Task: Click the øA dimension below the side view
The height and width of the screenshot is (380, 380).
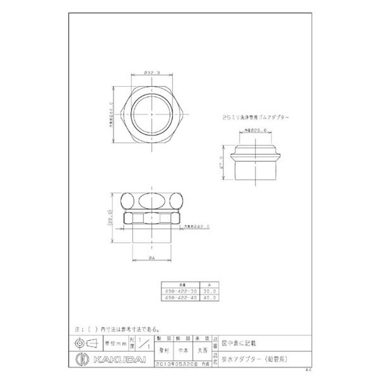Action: pos(151,258)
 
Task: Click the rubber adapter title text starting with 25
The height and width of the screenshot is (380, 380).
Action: pos(256,116)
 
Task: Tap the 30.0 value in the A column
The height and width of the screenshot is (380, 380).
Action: pos(209,291)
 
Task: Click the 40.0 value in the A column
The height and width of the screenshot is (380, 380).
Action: pos(209,297)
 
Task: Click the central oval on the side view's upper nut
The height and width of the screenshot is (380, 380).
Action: pos(151,200)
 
